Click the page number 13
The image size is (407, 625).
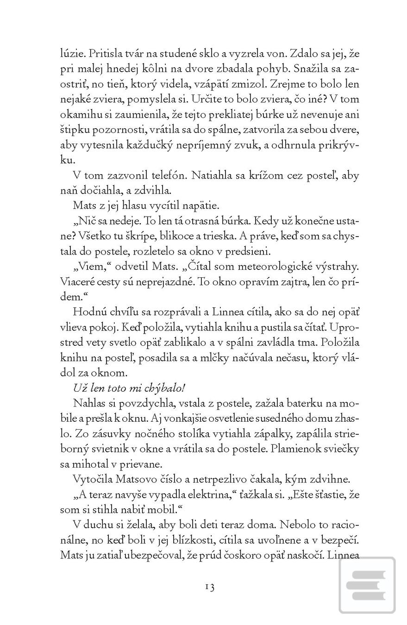tap(209, 587)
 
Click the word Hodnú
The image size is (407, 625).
tap(88, 312)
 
